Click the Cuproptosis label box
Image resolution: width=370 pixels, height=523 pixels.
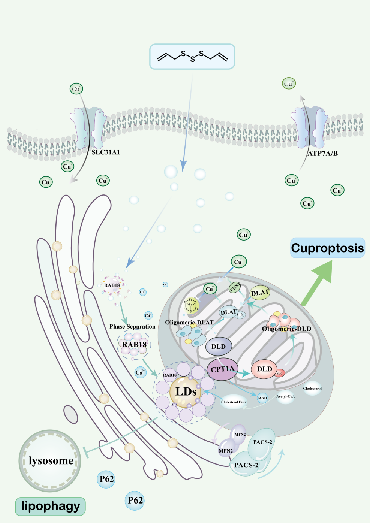pyautogui.click(x=328, y=248)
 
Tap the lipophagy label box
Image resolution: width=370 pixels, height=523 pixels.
pyautogui.click(x=51, y=506)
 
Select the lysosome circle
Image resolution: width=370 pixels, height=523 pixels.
pyautogui.click(x=50, y=460)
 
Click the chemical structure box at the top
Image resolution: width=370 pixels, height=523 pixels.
pyautogui.click(x=192, y=57)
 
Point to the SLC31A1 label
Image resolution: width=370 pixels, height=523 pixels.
pyautogui.click(x=106, y=152)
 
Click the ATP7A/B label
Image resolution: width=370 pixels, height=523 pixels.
pyautogui.click(x=322, y=153)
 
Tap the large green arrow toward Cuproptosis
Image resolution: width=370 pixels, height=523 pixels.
pyautogui.click(x=317, y=282)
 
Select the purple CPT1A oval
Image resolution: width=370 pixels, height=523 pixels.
pyautogui.click(x=223, y=369)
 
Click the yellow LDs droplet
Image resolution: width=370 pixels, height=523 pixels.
pyautogui.click(x=186, y=392)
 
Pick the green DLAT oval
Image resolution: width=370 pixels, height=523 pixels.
pyautogui.click(x=260, y=293)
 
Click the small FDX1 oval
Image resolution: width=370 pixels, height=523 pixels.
pyautogui.click(x=235, y=287)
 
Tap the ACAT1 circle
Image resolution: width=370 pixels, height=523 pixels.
pyautogui.click(x=262, y=398)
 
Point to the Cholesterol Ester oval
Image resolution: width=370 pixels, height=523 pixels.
pyautogui.click(x=234, y=402)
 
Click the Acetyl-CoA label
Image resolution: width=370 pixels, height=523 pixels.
pyautogui.click(x=285, y=396)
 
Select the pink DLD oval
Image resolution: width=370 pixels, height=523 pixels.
pyautogui.click(x=264, y=369)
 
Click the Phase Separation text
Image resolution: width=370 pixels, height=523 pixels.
pyautogui.click(x=132, y=326)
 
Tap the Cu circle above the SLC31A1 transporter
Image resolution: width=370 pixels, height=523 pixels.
pyautogui.click(x=76, y=89)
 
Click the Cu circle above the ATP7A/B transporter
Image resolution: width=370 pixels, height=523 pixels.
pyautogui.click(x=289, y=84)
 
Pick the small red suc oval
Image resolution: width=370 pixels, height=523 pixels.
pyautogui.click(x=280, y=373)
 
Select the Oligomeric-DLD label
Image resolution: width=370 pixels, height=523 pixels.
pyautogui.click(x=286, y=329)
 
